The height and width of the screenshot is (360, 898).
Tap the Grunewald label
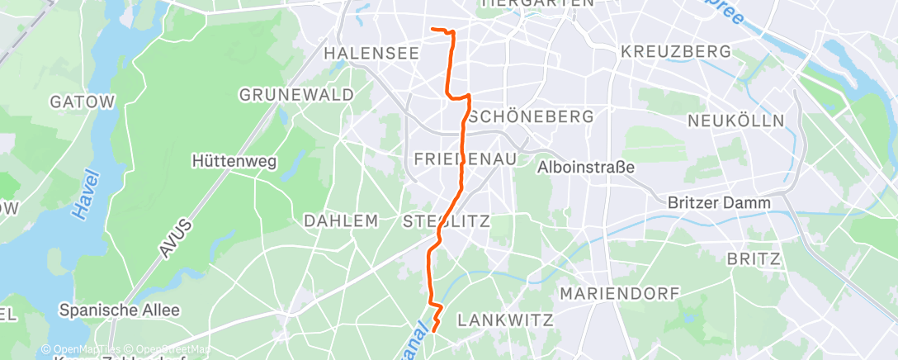296,95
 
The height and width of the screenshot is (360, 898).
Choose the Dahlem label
341,221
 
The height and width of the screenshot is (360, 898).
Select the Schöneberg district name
531,116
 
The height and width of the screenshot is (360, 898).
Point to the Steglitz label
447,221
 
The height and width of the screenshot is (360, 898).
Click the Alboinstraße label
585,168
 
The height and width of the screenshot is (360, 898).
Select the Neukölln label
736,121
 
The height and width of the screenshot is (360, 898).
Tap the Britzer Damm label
720,202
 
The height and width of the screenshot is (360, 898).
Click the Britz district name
754,259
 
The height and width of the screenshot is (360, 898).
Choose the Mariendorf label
619,293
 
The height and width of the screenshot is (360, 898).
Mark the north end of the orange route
432,30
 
